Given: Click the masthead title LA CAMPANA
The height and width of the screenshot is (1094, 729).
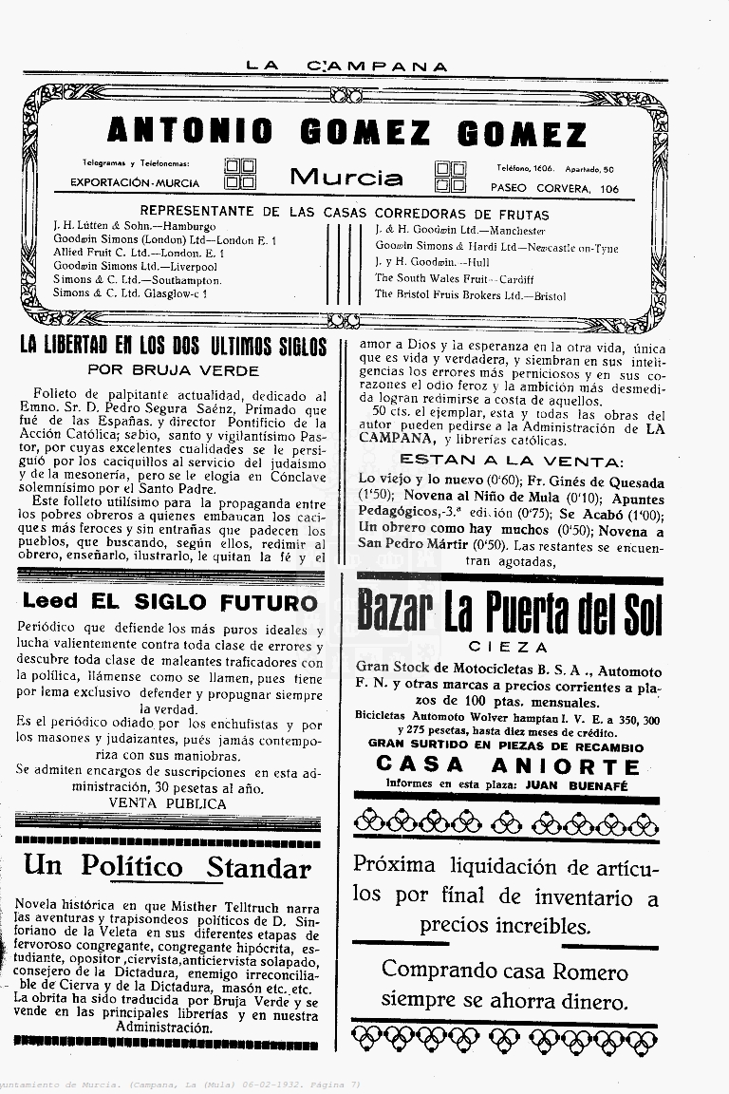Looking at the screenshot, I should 346,66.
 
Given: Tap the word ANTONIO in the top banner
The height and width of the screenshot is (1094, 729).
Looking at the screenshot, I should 189,132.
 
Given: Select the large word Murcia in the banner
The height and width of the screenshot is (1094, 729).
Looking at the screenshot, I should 346,177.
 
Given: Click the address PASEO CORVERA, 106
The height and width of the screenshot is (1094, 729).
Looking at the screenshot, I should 554,189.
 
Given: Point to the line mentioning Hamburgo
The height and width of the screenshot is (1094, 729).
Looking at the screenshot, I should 135,227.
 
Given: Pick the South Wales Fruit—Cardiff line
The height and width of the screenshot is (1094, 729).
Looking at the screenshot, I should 454,278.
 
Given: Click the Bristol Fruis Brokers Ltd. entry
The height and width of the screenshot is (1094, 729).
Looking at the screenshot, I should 470,294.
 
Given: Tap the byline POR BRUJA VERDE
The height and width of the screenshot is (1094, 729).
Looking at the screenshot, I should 172,369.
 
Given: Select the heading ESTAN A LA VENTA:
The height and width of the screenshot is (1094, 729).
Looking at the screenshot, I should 510,462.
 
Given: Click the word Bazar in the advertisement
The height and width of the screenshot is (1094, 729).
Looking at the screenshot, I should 395,613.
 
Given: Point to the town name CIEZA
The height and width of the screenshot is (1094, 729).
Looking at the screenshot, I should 509,647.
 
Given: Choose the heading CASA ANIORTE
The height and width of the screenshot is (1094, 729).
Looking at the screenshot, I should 509,764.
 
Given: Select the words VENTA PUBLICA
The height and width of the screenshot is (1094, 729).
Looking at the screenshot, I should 168,802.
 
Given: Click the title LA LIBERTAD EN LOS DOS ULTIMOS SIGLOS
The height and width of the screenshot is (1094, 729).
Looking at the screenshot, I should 173,346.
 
